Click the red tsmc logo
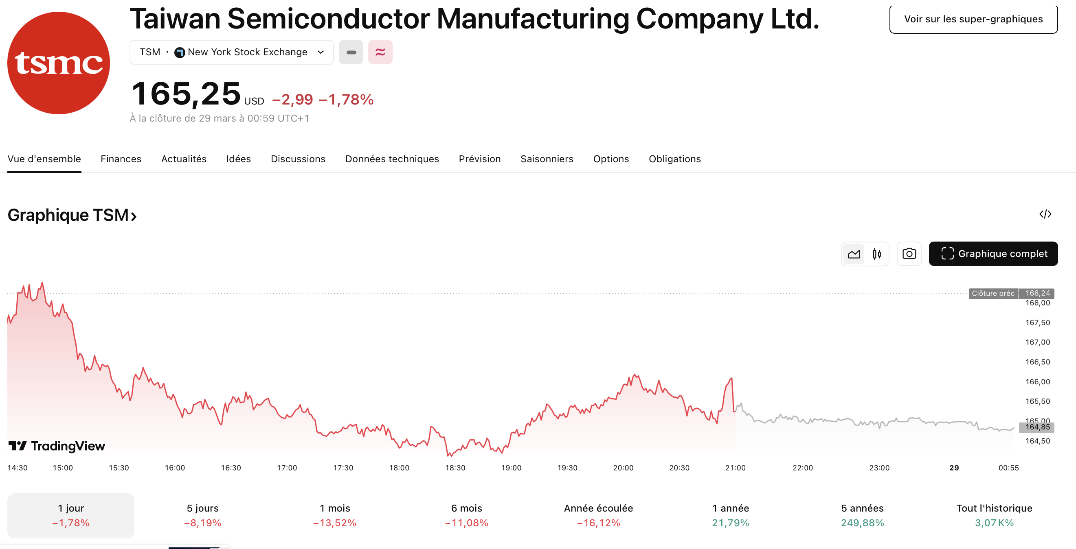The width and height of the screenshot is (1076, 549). (59, 63)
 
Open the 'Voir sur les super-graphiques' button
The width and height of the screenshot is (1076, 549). (973, 19)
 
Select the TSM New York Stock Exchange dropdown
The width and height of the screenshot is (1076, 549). (231, 52)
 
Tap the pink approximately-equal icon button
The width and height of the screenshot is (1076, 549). (380, 52)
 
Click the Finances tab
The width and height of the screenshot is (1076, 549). (121, 159)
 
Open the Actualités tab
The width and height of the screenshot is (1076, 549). (184, 159)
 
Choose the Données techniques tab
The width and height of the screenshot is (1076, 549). (392, 159)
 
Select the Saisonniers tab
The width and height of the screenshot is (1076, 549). (547, 159)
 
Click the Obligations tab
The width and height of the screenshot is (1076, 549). (674, 159)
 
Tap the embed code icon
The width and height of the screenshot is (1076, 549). (1045, 214)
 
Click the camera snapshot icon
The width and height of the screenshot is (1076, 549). (909, 254)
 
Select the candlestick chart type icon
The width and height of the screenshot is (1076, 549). (877, 254)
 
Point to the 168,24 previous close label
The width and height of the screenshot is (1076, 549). (1037, 293)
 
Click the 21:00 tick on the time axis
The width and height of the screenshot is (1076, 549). (735, 468)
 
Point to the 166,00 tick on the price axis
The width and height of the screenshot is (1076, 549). (1037, 382)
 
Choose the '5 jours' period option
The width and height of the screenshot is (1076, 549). (202, 515)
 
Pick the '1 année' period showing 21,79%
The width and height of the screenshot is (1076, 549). (730, 515)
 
